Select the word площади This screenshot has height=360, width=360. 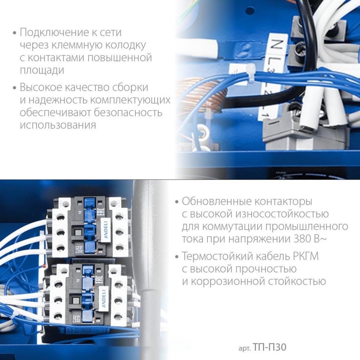click(x=42, y=71)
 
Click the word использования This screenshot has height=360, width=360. click(x=58, y=125)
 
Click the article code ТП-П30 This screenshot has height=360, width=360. click(x=270, y=348)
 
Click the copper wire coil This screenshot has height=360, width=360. click(x=202, y=96)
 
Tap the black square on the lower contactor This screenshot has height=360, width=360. click(x=76, y=300)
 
